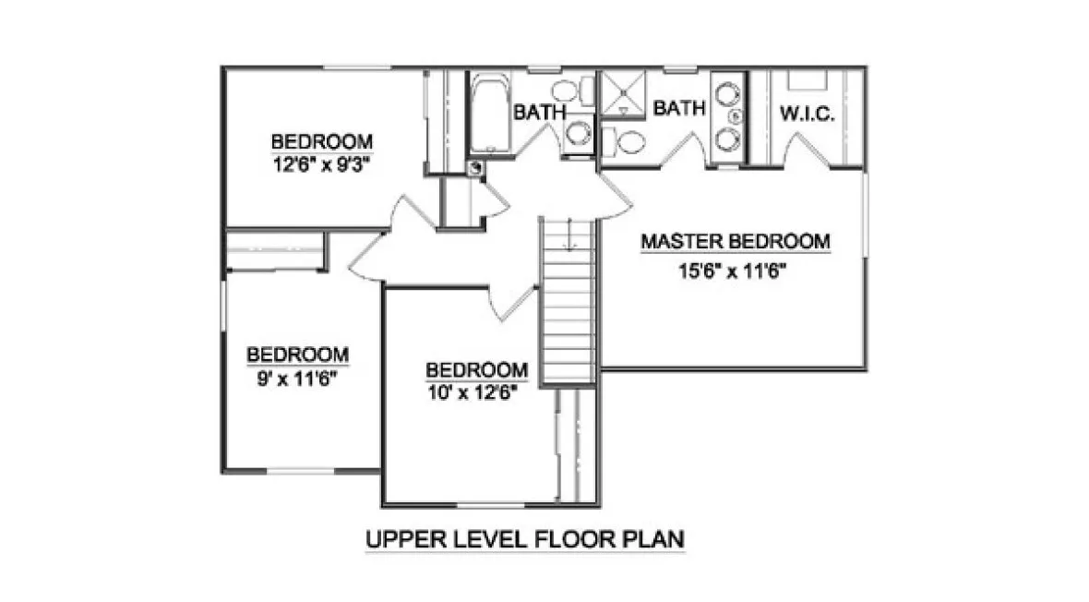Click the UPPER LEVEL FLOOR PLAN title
pyautogui.click(x=525, y=538)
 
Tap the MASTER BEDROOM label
pyautogui.click(x=736, y=242)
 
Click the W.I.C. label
pyautogui.click(x=807, y=114)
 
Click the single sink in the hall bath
pyautogui.click(x=579, y=133)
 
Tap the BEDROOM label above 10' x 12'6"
pyautogui.click(x=476, y=369)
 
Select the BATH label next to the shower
pyautogui.click(x=679, y=109)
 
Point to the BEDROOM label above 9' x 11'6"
pyautogui.click(x=297, y=355)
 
